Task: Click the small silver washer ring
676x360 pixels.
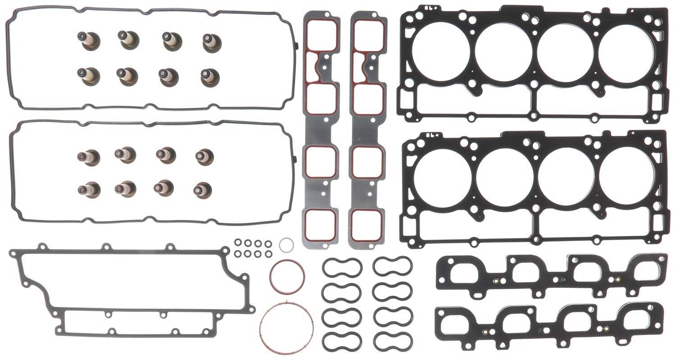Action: click(x=286, y=245)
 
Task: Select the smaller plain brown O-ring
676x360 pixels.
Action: click(x=287, y=276)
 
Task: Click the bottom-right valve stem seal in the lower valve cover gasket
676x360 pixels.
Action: click(x=203, y=190)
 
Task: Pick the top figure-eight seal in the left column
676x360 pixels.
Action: click(x=342, y=267)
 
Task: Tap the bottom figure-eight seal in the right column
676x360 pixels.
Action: click(x=393, y=341)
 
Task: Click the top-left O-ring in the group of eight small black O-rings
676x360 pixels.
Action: click(x=238, y=243)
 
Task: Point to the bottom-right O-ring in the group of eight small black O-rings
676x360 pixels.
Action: click(x=268, y=254)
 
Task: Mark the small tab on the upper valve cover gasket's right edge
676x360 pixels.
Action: click(x=297, y=46)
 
